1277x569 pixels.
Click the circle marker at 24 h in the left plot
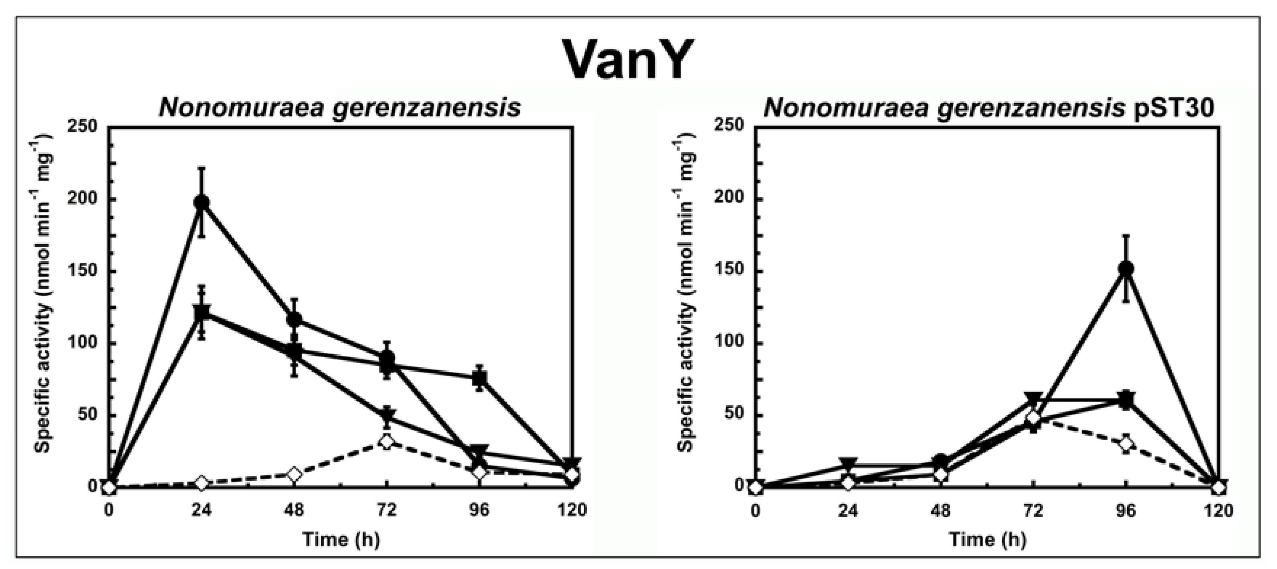(x=201, y=202)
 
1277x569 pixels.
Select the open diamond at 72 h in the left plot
(x=387, y=441)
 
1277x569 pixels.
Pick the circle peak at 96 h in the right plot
(x=1126, y=268)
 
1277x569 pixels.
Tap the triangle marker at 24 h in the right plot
(x=848, y=464)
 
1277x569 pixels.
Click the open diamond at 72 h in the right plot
(x=1033, y=418)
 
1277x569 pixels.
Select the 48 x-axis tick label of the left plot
(x=294, y=510)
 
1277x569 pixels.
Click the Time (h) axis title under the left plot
(x=341, y=539)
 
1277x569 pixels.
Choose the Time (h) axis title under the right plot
(x=987, y=539)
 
